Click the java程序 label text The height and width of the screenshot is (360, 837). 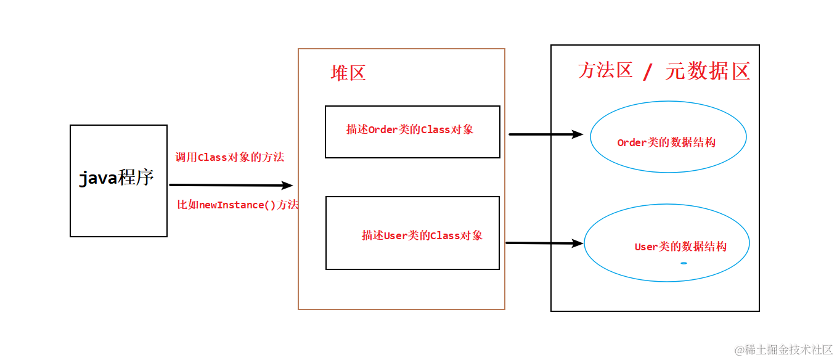coord(116,179)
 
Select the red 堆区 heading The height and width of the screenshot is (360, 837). coord(348,73)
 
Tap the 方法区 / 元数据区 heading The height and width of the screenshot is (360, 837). coord(664,72)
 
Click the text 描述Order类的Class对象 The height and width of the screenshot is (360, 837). coord(410,130)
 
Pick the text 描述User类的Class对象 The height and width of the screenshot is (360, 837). coord(422,235)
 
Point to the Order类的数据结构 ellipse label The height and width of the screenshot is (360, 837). coord(666,142)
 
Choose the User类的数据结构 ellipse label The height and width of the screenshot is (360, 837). coord(680,247)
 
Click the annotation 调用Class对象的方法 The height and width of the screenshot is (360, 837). coord(230,158)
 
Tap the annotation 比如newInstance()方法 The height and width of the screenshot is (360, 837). coord(238,205)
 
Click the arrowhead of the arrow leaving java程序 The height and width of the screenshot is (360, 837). coord(287,185)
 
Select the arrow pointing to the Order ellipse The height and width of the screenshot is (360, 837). coord(545,134)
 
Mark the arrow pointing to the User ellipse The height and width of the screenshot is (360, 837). coord(544,243)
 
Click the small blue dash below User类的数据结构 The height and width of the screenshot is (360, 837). coord(684,263)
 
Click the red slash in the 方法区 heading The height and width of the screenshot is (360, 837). coord(647,73)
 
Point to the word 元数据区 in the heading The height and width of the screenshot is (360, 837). coord(708,72)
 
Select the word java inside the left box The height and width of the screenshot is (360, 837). coord(99,179)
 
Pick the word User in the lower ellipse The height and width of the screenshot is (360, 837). coord(647,247)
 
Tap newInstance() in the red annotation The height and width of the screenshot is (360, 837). coord(237,205)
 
